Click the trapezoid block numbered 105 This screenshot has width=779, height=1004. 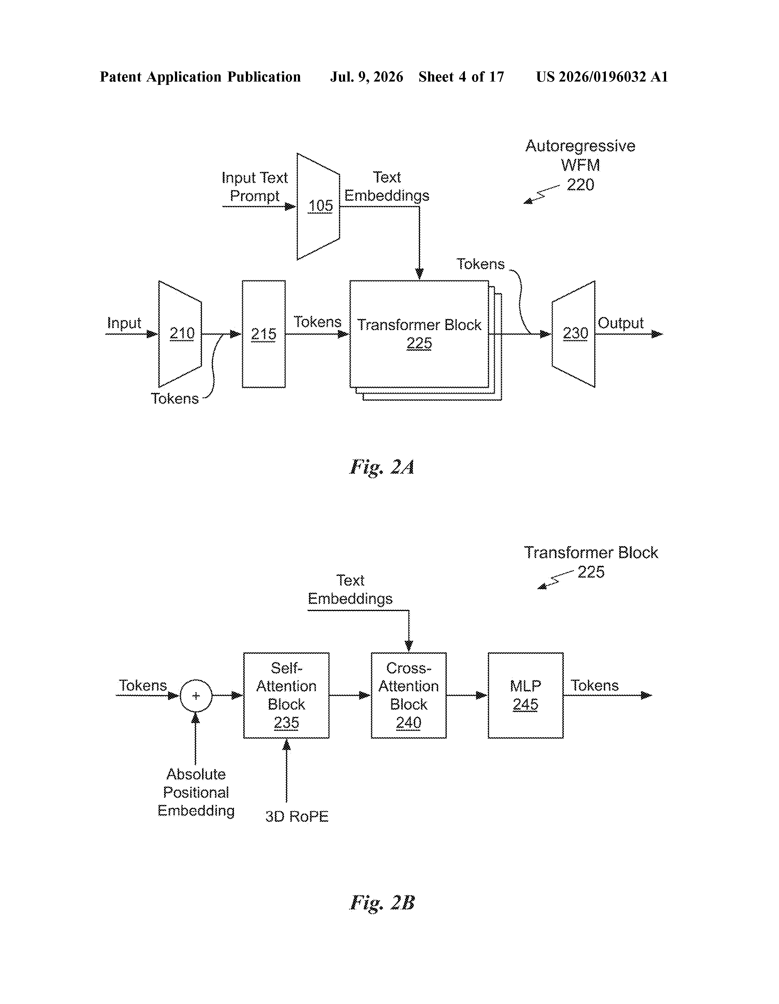click(318, 206)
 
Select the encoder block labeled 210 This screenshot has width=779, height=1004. click(180, 334)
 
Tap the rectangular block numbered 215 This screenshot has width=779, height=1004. click(264, 334)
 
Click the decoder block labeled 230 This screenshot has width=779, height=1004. click(573, 334)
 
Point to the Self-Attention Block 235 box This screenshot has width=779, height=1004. click(286, 695)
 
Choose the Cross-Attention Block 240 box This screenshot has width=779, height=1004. click(408, 695)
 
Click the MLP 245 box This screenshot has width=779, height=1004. click(526, 695)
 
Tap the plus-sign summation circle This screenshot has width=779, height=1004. click(196, 695)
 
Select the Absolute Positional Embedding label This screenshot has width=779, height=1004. click(196, 792)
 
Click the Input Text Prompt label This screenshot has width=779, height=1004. click(254, 187)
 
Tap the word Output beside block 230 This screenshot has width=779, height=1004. click(620, 323)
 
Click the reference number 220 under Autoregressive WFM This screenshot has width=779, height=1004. click(580, 185)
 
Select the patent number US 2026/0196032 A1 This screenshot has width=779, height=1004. click(602, 77)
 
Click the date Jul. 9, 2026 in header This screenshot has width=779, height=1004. click(366, 77)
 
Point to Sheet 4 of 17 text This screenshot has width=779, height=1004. click(461, 77)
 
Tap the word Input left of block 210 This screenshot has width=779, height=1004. click(124, 323)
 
